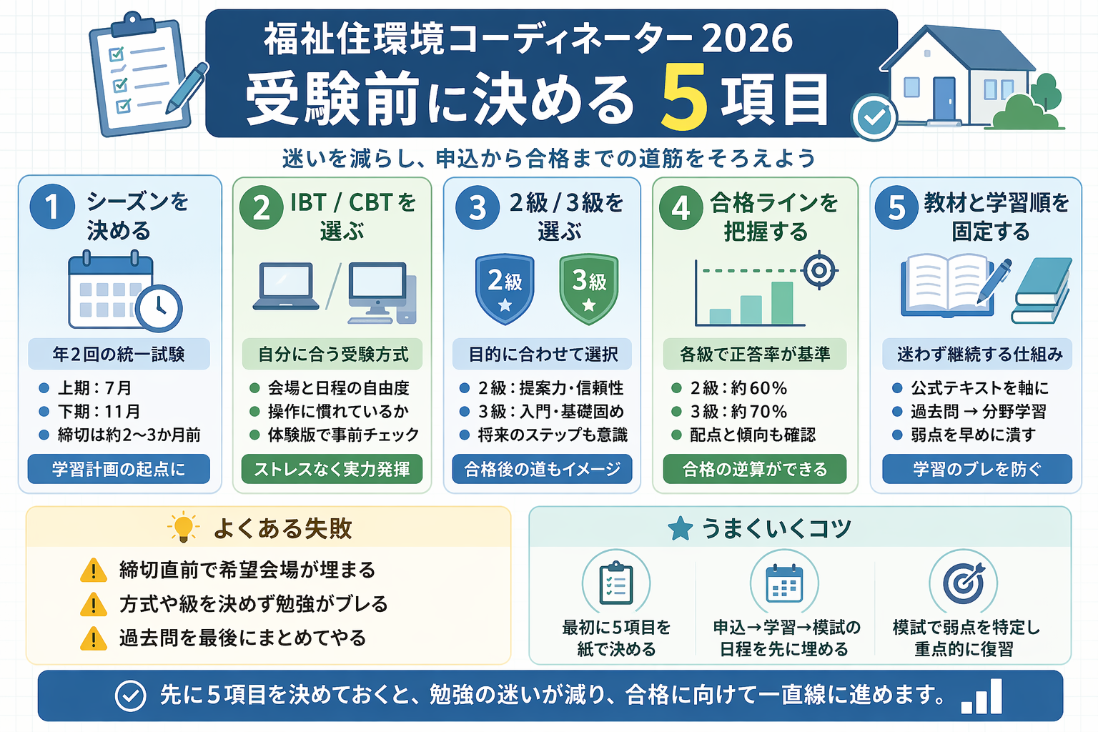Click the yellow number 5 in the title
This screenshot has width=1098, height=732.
(684, 98)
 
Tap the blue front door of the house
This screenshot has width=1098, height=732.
(944, 98)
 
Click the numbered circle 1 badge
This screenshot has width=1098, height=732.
(52, 207)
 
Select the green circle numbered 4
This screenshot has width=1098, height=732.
(681, 208)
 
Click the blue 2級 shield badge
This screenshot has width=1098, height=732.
(505, 288)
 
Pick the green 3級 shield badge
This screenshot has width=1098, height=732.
(588, 288)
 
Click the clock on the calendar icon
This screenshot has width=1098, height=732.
(159, 307)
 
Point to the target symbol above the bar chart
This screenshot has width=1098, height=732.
(819, 270)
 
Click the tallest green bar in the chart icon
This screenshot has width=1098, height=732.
(782, 303)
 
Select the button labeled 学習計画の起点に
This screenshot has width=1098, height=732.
(119, 469)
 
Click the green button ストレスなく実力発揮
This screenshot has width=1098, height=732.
(332, 469)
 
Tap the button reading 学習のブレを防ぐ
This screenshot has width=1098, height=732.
(976, 469)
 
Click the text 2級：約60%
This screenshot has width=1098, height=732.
(738, 388)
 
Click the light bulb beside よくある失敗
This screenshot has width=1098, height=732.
(184, 527)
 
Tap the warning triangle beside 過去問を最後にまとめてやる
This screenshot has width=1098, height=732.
(94, 638)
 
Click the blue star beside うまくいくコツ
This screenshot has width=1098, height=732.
(680, 529)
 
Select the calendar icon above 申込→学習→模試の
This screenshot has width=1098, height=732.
(783, 583)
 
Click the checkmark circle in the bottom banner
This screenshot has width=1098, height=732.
(131, 695)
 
